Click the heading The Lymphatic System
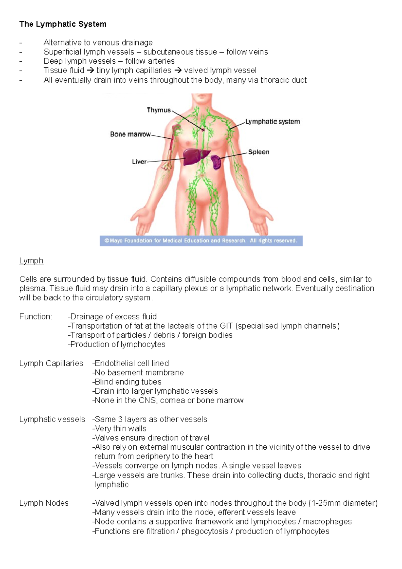pyautogui.click(x=63, y=24)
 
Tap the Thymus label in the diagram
pyautogui.click(x=159, y=110)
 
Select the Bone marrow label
pyautogui.click(x=130, y=134)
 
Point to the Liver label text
pyautogui.click(x=139, y=162)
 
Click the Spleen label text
pyautogui.click(x=259, y=152)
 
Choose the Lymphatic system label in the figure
pyautogui.click(x=273, y=122)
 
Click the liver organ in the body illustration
pyautogui.click(x=195, y=156)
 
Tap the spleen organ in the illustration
pyautogui.click(x=216, y=162)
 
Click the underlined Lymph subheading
pyautogui.click(x=31, y=261)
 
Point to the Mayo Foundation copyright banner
pyautogui.click(x=201, y=241)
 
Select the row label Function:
pyautogui.click(x=36, y=317)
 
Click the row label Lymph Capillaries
pyautogui.click(x=51, y=364)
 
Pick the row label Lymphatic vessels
pyautogui.click(x=52, y=420)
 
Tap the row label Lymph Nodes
pyautogui.click(x=44, y=503)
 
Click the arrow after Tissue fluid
pyautogui.click(x=90, y=71)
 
